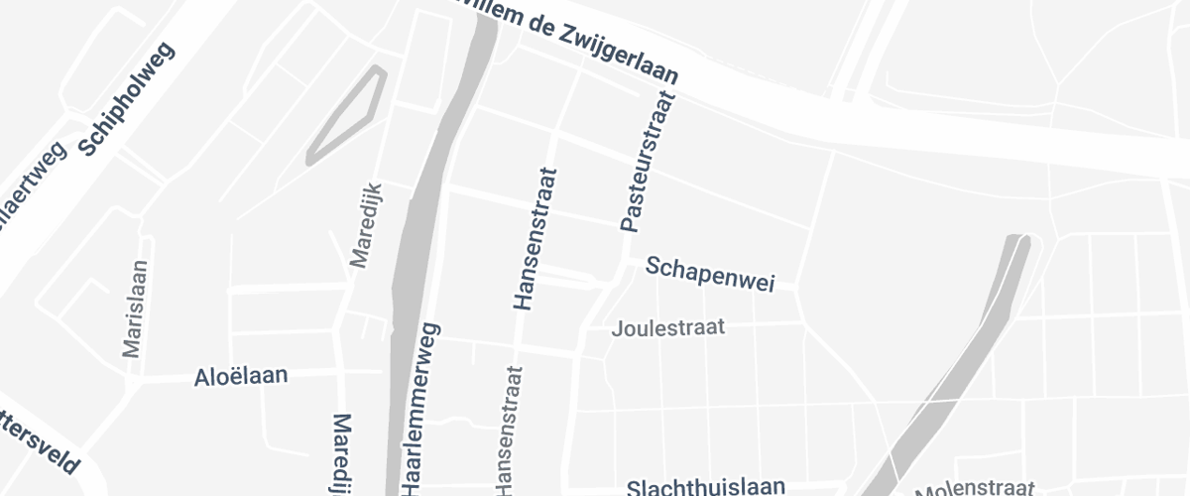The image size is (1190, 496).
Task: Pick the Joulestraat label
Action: (x=669, y=326)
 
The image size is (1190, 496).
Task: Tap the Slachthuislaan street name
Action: (x=706, y=487)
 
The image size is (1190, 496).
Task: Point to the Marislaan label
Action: (x=135, y=308)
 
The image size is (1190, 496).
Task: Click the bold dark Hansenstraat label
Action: (x=534, y=239)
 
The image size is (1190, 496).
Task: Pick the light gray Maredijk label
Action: (x=366, y=226)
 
